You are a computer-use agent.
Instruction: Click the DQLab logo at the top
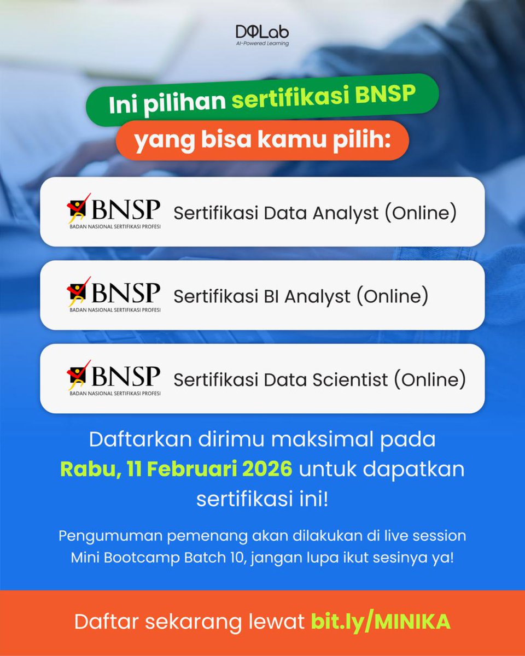[x=262, y=31]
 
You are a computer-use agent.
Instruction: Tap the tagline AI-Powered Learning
[x=262, y=43]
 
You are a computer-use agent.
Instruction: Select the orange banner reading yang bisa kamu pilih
[x=262, y=142]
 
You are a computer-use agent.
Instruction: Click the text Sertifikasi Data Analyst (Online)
[x=314, y=213]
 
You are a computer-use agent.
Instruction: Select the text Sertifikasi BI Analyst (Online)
[x=300, y=296]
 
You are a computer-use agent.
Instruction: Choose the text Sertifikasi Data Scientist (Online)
[x=319, y=379]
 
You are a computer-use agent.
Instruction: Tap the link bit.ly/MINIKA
[x=381, y=622]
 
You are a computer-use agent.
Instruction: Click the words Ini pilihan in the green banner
[x=166, y=103]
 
